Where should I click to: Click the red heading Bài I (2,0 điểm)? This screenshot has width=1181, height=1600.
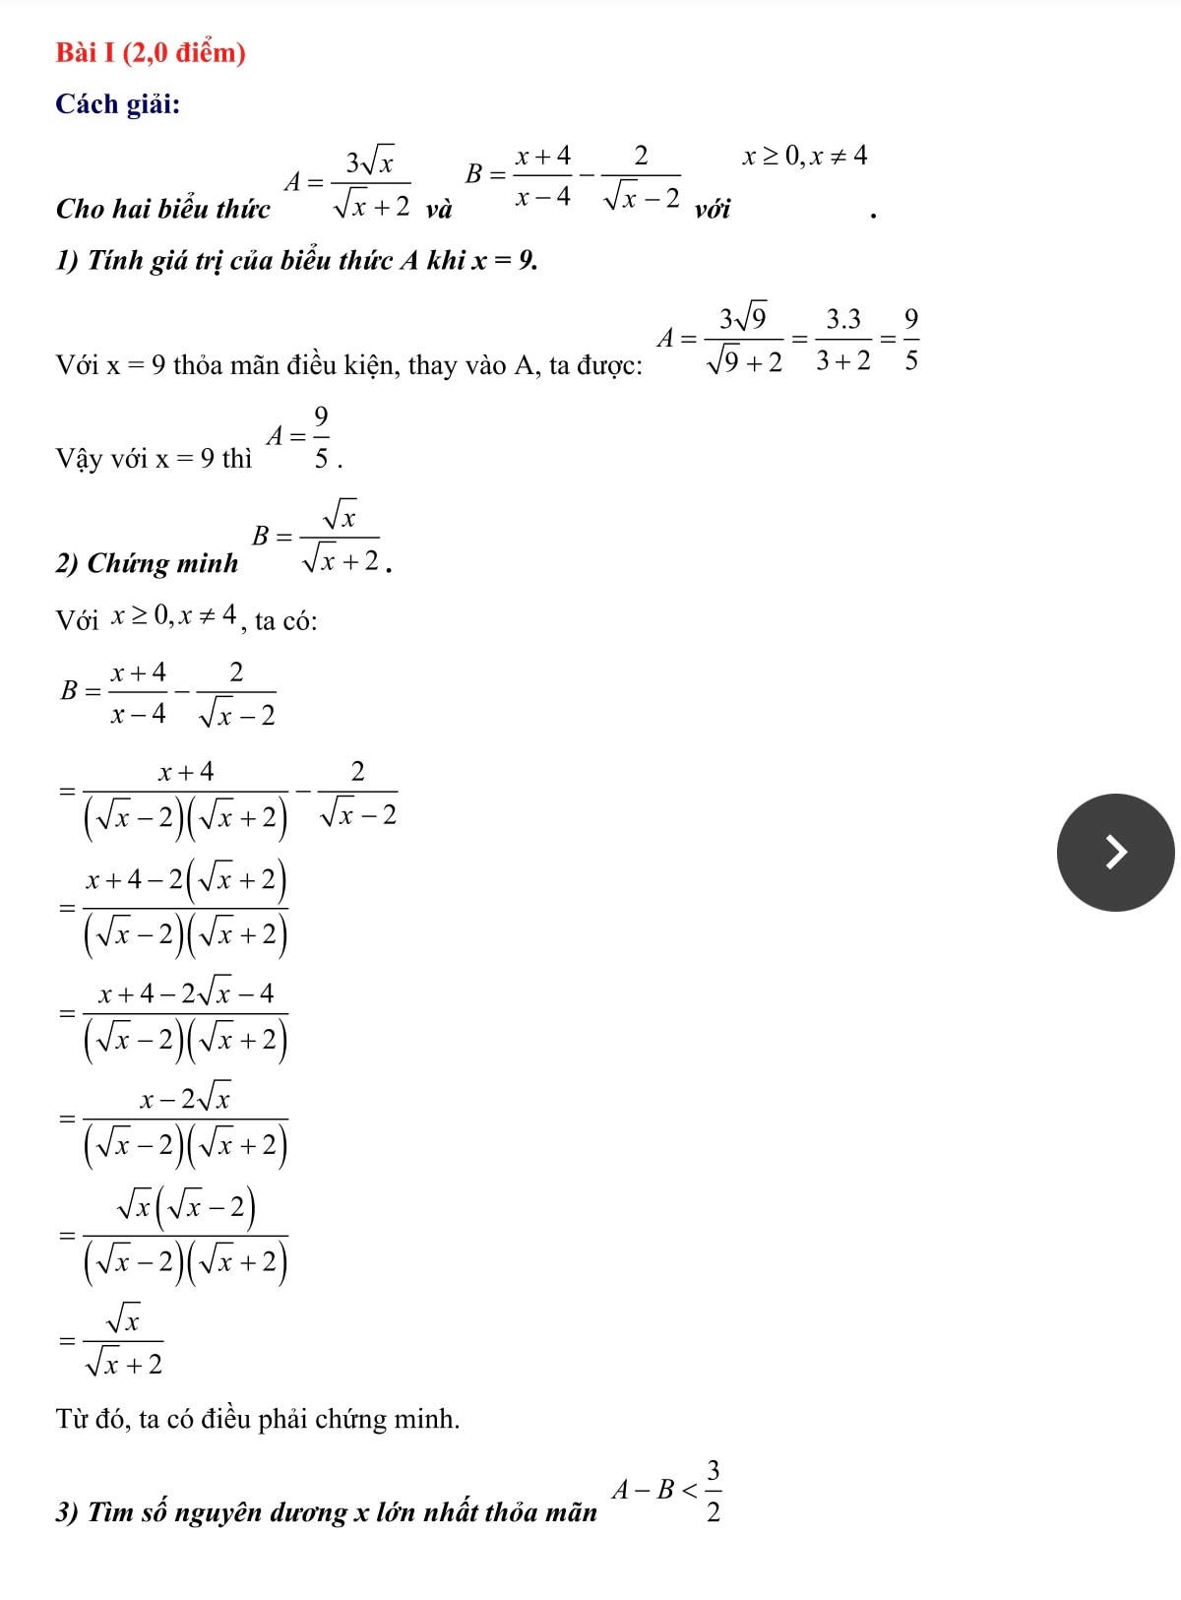[151, 52]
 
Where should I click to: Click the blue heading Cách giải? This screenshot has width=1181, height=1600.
[118, 103]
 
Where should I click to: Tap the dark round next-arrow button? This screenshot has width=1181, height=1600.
[1115, 853]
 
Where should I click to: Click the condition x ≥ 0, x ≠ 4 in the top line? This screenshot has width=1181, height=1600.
[805, 156]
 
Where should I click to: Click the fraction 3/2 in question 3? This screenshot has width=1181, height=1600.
[714, 1491]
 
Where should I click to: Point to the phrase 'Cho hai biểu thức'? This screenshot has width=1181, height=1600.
[163, 209]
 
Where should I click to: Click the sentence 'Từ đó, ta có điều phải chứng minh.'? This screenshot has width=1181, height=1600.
[258, 1419]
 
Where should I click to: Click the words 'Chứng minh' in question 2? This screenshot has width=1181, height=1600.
[162, 563]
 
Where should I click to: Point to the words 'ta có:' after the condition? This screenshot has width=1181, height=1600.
[285, 620]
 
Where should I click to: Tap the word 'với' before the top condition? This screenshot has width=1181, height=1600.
[713, 209]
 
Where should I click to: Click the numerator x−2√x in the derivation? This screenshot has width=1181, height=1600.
[185, 1098]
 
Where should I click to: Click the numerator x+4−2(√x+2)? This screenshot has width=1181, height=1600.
[185, 879]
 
